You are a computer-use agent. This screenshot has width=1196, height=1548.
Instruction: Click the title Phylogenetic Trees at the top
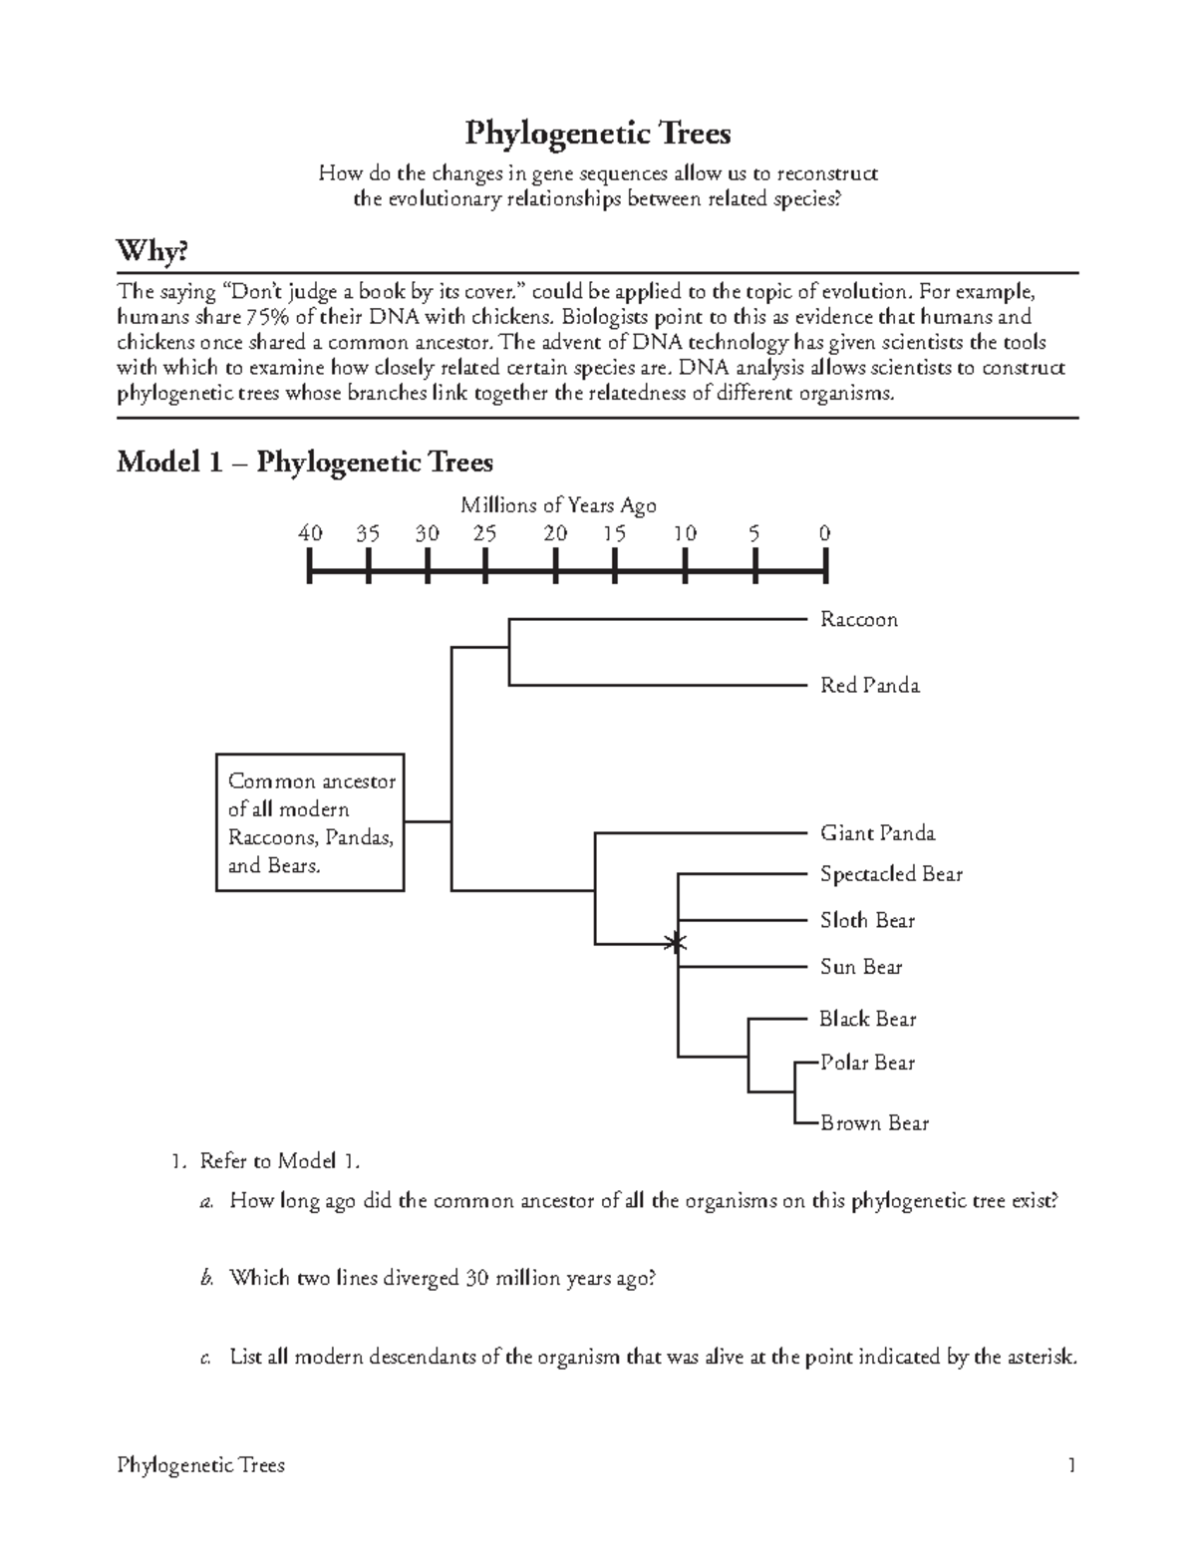pyautogui.click(x=598, y=133)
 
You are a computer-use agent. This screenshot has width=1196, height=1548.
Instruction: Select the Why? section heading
pyautogui.click(x=151, y=251)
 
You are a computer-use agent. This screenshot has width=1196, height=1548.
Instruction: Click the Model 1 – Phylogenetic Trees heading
pyautogui.click(x=305, y=462)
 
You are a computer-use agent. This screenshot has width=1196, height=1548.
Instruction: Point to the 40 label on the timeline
pyautogui.click(x=310, y=533)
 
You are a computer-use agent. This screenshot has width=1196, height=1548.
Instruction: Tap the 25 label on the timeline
pyautogui.click(x=484, y=533)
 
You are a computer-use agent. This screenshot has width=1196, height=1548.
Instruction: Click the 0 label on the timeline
pyautogui.click(x=824, y=533)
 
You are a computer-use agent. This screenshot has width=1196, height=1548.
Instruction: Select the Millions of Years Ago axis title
pyautogui.click(x=558, y=505)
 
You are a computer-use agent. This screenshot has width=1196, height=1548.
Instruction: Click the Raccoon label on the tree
pyautogui.click(x=858, y=620)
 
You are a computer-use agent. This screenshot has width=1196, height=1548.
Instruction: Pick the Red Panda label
pyautogui.click(x=869, y=686)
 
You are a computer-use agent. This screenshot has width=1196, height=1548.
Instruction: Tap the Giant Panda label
pyautogui.click(x=877, y=833)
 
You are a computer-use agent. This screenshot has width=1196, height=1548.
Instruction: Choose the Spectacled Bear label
pyautogui.click(x=891, y=874)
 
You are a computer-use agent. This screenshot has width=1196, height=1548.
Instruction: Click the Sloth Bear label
pyautogui.click(x=867, y=921)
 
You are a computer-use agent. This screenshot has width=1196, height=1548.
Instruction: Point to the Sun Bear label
pyautogui.click(x=861, y=967)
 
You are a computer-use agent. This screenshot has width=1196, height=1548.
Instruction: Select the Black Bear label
pyautogui.click(x=867, y=1019)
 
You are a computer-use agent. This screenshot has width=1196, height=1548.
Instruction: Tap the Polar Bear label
pyautogui.click(x=867, y=1063)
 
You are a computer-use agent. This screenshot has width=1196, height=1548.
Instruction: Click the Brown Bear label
pyautogui.click(x=874, y=1123)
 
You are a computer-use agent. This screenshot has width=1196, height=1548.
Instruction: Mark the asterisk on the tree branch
pyautogui.click(x=677, y=942)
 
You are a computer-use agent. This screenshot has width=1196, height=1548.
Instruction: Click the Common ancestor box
pyautogui.click(x=310, y=822)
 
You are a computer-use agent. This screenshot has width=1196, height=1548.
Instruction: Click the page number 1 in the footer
pyautogui.click(x=1071, y=1465)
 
